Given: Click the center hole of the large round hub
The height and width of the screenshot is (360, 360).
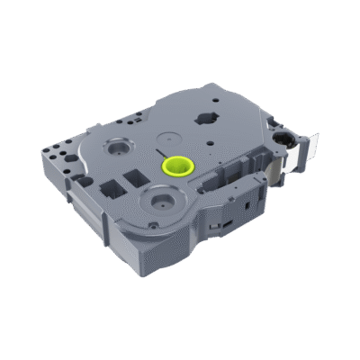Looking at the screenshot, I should [162, 197].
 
